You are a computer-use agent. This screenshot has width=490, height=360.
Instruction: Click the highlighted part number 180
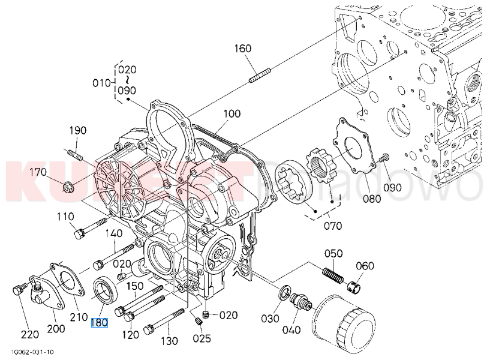point(99,323)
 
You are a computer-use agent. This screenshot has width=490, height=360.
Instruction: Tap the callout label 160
point(242,49)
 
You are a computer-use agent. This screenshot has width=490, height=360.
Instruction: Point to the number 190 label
point(78,131)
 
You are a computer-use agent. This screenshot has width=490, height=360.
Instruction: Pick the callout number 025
point(202,338)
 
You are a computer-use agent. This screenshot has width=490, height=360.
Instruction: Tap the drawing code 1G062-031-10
point(32,352)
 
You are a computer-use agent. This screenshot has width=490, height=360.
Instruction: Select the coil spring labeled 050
point(333,274)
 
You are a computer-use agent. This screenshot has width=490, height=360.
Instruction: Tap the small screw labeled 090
point(385,157)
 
